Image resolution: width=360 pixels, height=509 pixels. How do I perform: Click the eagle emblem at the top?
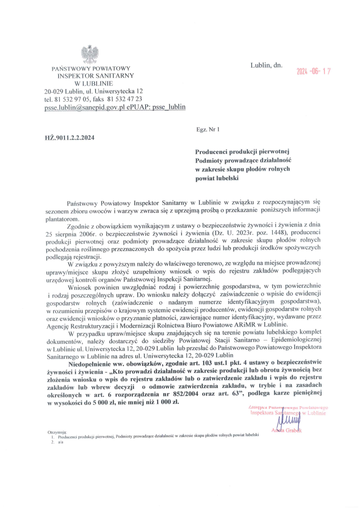pyautogui.click(x=90, y=54)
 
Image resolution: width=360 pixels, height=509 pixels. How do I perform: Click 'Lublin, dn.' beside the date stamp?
pyautogui.click(x=266, y=65)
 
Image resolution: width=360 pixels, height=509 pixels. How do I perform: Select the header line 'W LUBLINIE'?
pyautogui.click(x=90, y=83)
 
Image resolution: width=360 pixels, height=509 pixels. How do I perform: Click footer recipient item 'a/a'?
pyautogui.click(x=61, y=442)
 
